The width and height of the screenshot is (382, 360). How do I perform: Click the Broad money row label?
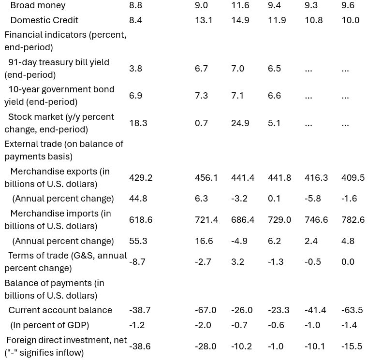[x=38, y=5]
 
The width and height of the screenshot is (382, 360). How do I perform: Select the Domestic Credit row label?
[x=44, y=20]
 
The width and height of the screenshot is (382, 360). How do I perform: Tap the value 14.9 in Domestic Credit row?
[x=240, y=20]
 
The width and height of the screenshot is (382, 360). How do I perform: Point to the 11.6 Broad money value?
[x=240, y=5]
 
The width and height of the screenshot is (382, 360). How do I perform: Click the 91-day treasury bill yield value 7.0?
[x=237, y=69]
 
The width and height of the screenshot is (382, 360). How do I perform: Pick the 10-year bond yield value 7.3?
[x=201, y=96]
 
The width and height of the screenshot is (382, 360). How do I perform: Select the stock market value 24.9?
[x=240, y=123]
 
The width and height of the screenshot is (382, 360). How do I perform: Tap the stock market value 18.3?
[x=138, y=123]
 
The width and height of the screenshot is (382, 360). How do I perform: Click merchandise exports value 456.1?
[x=206, y=178]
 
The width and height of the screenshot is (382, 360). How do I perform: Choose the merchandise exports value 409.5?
[x=353, y=178]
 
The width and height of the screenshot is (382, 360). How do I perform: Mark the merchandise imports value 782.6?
[x=353, y=220]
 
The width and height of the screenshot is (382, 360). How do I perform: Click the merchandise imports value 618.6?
[x=141, y=220]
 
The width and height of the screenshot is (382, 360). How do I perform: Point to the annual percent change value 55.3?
[x=138, y=241]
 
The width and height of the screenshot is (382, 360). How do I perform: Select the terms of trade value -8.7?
[x=137, y=261]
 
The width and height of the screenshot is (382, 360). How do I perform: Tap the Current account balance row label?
[x=60, y=310]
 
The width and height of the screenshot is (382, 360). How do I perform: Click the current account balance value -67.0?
[x=206, y=310]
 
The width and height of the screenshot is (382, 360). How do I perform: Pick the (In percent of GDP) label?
[x=50, y=325]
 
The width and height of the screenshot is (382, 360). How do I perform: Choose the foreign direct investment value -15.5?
[x=352, y=346]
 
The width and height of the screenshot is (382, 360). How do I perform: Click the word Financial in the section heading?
[x=23, y=35]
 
